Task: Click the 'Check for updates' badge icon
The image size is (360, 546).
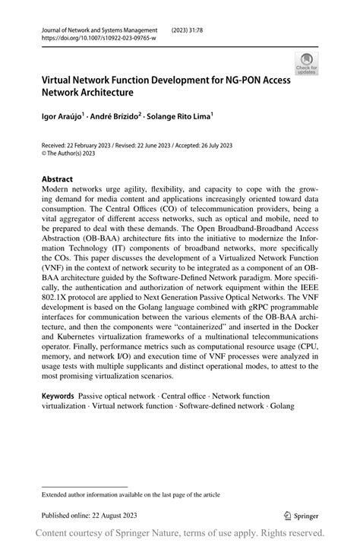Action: [308, 65]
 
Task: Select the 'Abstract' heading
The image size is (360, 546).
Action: [58, 181]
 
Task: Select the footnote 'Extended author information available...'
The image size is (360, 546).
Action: [131, 494]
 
